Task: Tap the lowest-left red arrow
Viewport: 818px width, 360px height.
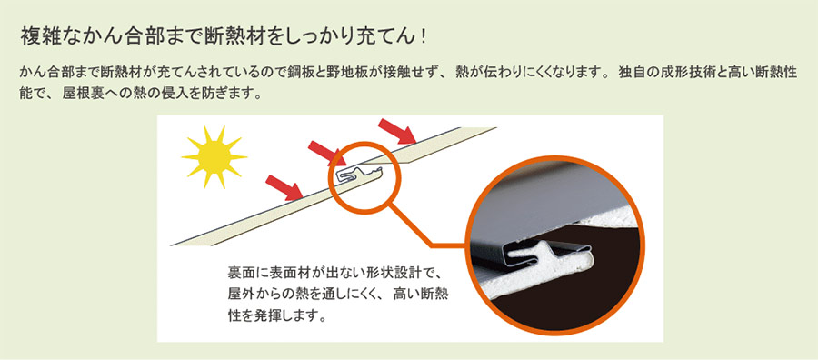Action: point(288,188)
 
